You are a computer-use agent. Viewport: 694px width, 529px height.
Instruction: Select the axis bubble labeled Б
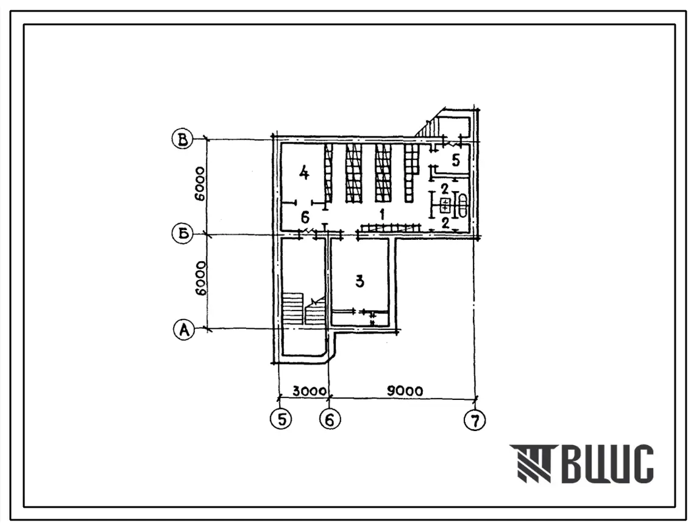[x=182, y=233]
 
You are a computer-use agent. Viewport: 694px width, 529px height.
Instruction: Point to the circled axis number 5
[x=281, y=419]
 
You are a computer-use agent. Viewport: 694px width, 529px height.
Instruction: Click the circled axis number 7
[x=475, y=420]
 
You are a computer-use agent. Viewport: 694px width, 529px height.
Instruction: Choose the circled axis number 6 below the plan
[x=329, y=419]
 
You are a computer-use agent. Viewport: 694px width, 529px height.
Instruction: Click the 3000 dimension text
[x=308, y=391]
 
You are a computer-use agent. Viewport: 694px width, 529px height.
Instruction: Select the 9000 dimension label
[x=405, y=391]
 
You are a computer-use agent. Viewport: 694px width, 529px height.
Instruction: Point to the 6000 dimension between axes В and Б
[x=200, y=184]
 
